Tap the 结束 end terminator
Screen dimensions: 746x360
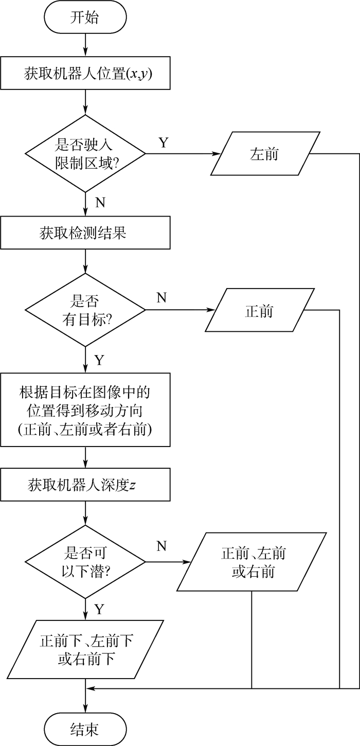(85, 729)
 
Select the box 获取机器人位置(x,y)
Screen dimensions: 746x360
(85, 75)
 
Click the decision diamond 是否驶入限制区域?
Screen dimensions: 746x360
(85, 153)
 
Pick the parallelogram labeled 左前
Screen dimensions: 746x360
(264, 153)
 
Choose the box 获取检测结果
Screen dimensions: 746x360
(85, 233)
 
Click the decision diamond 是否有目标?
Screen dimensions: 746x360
(85, 310)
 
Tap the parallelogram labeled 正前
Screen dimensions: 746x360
(259, 311)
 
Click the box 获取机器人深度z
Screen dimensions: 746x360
(85, 485)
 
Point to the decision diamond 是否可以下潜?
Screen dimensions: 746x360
(85, 562)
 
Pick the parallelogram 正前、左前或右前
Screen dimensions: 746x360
(252, 562)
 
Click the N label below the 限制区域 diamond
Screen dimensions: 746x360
(100, 202)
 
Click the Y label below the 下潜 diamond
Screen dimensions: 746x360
(99, 610)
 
